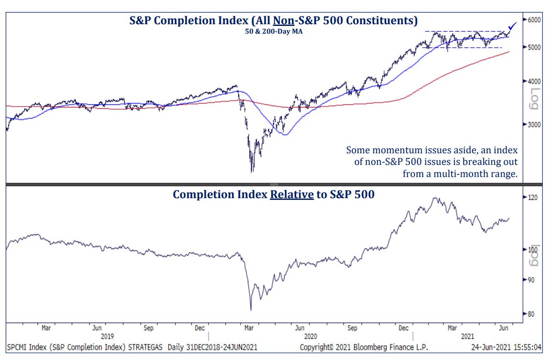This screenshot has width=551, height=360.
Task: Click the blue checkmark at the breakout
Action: pyautogui.click(x=512, y=27)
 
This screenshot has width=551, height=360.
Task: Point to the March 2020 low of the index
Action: pyautogui.click(x=252, y=172)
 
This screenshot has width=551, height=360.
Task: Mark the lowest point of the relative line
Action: pyautogui.click(x=251, y=310)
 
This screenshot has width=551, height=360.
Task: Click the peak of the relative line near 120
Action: pyautogui.click(x=434, y=198)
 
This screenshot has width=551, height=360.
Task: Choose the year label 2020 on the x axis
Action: pyautogui.click(x=310, y=336)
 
